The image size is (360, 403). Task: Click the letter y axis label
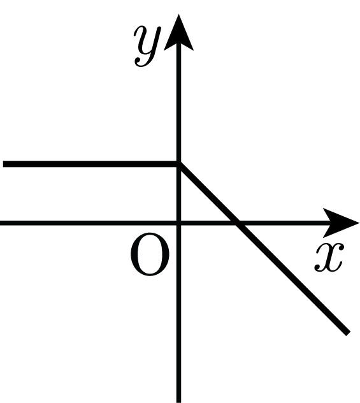pyautogui.click(x=147, y=47)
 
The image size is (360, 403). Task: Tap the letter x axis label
pyautogui.click(x=329, y=257)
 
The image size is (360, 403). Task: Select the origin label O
pyautogui.click(x=150, y=254)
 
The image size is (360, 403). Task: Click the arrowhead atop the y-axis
pyautogui.click(x=178, y=33)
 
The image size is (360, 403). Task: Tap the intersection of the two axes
pyautogui.click(x=178, y=223)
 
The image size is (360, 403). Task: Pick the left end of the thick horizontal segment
pyautogui.click(x=3, y=164)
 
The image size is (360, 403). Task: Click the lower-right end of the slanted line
pyautogui.click(x=347, y=333)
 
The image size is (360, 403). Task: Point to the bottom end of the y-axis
pyautogui.click(x=178, y=402)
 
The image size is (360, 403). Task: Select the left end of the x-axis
pyautogui.click(x=1, y=223)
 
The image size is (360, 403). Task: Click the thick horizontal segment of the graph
pyautogui.click(x=91, y=164)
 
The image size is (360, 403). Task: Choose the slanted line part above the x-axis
pyautogui.click(x=208, y=193)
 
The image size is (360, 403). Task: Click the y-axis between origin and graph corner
pyautogui.click(x=178, y=193)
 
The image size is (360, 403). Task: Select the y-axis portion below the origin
pyautogui.click(x=178, y=312)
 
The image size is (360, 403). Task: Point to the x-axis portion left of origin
pyautogui.click(x=89, y=223)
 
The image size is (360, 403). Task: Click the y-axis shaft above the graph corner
pyautogui.click(x=178, y=105)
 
